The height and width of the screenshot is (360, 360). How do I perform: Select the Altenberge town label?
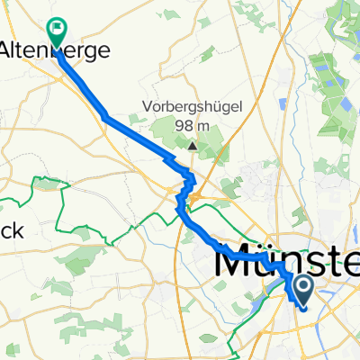[x=56, y=50]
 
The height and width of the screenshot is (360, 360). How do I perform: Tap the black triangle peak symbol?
[x=193, y=143]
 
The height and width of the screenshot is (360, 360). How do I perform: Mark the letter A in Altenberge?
[x=12, y=50]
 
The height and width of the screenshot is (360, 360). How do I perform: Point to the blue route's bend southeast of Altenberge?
[x=105, y=116]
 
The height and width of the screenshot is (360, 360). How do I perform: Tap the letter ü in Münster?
[x=265, y=262]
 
